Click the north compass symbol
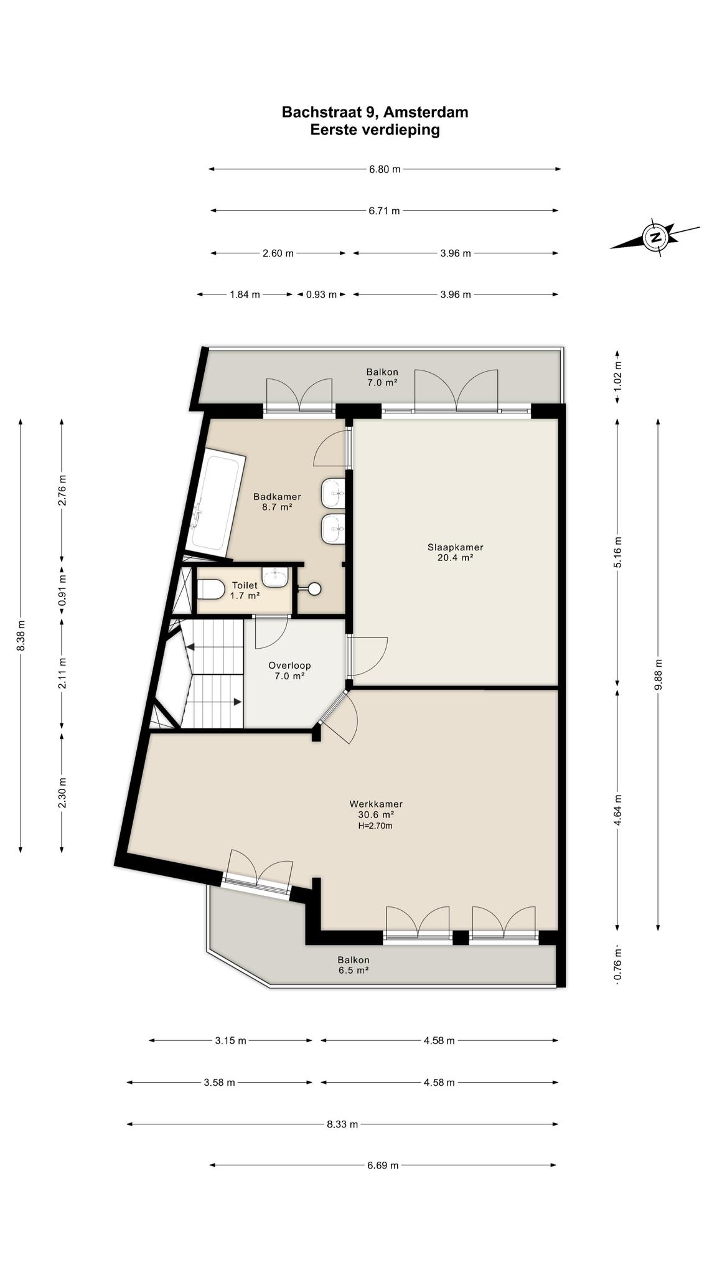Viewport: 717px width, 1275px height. [x=655, y=237]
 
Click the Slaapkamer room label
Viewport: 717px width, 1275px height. [x=455, y=552]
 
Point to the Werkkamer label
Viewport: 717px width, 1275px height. [x=376, y=809]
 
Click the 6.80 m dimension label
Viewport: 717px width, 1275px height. [x=385, y=169]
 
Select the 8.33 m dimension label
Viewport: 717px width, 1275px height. [x=342, y=1124]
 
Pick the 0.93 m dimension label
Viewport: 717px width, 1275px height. [x=321, y=294]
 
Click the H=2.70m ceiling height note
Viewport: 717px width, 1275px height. [x=375, y=826]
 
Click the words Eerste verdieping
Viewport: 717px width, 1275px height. [x=375, y=129]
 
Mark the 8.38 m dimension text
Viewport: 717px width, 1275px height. [x=21, y=636]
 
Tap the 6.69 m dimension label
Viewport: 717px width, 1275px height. [x=382, y=1165]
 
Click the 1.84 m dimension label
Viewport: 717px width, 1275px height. [x=245, y=294]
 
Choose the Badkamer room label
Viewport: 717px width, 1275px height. [x=277, y=502]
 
